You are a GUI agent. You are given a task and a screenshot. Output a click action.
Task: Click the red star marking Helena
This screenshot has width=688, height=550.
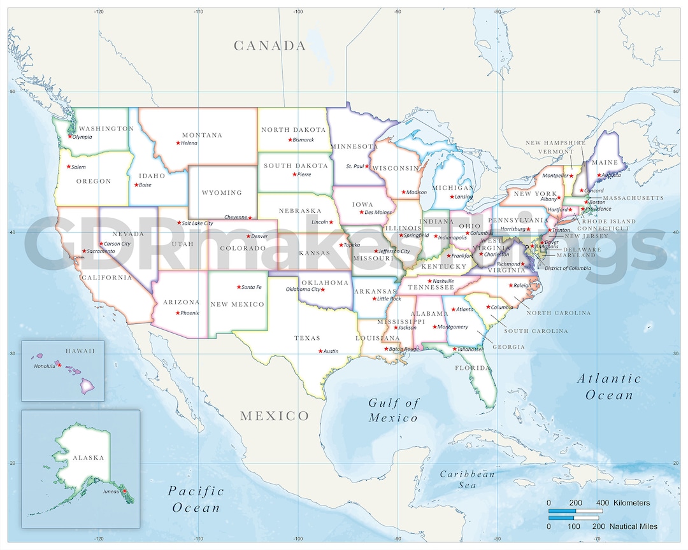[178, 143]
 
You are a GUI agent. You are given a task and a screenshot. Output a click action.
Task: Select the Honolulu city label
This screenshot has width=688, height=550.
[44, 366]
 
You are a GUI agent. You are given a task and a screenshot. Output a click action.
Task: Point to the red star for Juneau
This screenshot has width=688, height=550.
[125, 490]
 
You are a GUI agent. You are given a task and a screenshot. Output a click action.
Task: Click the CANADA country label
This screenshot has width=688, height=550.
[269, 46]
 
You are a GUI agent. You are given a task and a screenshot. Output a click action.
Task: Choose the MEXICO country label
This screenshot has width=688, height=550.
[274, 416]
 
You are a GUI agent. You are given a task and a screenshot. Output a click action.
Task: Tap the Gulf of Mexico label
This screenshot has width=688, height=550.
[394, 410]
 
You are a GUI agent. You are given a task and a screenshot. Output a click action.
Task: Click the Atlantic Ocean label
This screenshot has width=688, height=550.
[609, 386]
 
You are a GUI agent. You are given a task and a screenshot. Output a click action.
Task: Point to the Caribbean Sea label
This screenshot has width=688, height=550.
[467, 479]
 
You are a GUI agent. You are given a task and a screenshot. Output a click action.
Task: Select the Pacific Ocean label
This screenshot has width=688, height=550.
[196, 499]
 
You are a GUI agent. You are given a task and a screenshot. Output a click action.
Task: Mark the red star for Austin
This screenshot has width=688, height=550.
[320, 351]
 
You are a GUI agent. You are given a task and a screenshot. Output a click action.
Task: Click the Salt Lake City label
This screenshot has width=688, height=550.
[197, 223]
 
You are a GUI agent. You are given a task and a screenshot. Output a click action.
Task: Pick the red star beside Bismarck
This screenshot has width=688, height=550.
[289, 140]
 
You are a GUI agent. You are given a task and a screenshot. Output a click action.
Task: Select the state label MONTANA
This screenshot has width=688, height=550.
[202, 135]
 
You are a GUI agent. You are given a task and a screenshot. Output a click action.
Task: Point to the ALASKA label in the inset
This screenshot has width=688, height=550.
[88, 458]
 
